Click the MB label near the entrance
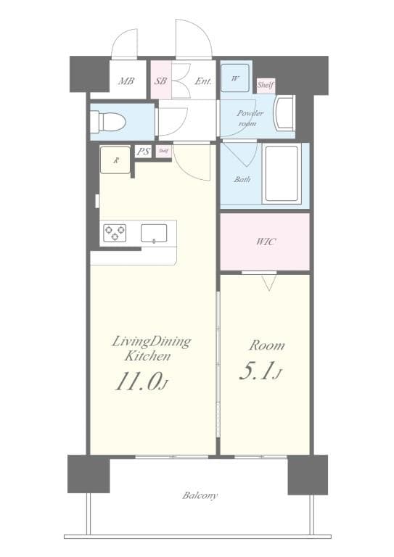[x=126, y=82]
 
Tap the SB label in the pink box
[x=160, y=82]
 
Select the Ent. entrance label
[x=203, y=82]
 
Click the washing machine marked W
[x=236, y=78]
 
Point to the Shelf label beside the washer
[x=265, y=85]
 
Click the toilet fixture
[x=110, y=121]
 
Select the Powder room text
[x=250, y=118]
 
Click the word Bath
[x=242, y=178]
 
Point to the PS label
[x=143, y=152]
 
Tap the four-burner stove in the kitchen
[x=115, y=233]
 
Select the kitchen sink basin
[x=153, y=233]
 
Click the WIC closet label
[x=265, y=242]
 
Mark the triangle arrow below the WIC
[x=268, y=283]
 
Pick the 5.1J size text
[x=259, y=372]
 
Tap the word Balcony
[x=200, y=496]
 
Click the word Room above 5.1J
[x=266, y=346]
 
